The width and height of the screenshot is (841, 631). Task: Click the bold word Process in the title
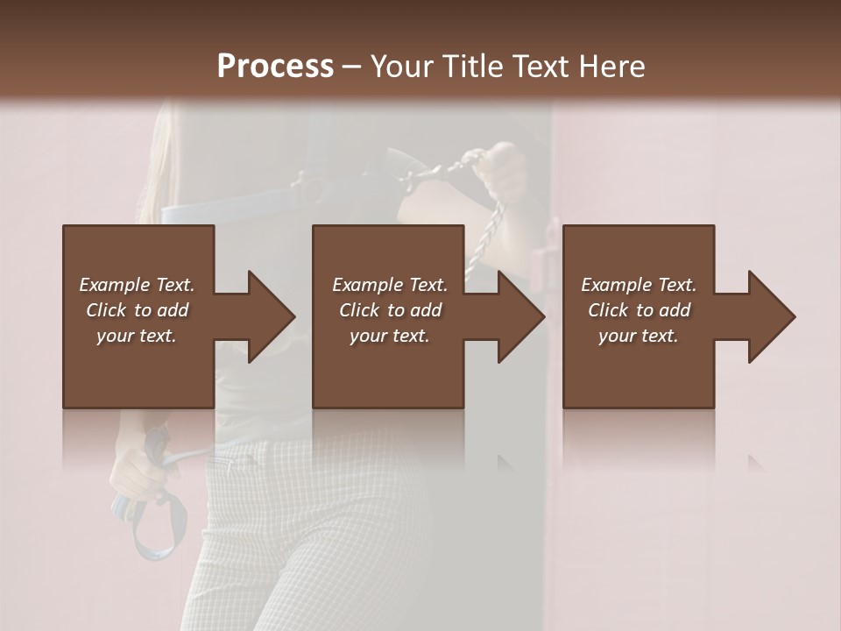coord(275,66)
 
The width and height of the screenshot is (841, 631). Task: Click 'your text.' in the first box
coord(137,336)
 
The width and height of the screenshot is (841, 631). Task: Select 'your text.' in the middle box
coord(389,336)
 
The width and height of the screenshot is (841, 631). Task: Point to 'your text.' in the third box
coord(638,336)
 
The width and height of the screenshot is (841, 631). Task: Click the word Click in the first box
coord(107,310)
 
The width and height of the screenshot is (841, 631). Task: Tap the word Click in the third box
coord(609,310)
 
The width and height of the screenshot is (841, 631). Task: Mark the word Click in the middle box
coord(360,310)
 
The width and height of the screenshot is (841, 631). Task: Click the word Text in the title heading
coord(538,66)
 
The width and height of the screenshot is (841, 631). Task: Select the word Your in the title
coord(399,66)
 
